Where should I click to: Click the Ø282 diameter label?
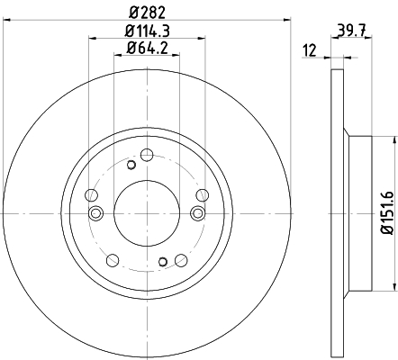point(148,13)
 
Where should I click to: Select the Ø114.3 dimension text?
point(148,31)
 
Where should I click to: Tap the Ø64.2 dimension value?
point(147,48)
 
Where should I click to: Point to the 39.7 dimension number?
point(351,31)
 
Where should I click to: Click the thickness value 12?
point(310,50)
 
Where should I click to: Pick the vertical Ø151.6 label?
point(387,212)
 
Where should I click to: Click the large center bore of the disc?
point(147,213)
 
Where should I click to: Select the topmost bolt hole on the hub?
point(147,155)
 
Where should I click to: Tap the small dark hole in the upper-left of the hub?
point(131,165)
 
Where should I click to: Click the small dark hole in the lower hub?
point(163,262)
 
